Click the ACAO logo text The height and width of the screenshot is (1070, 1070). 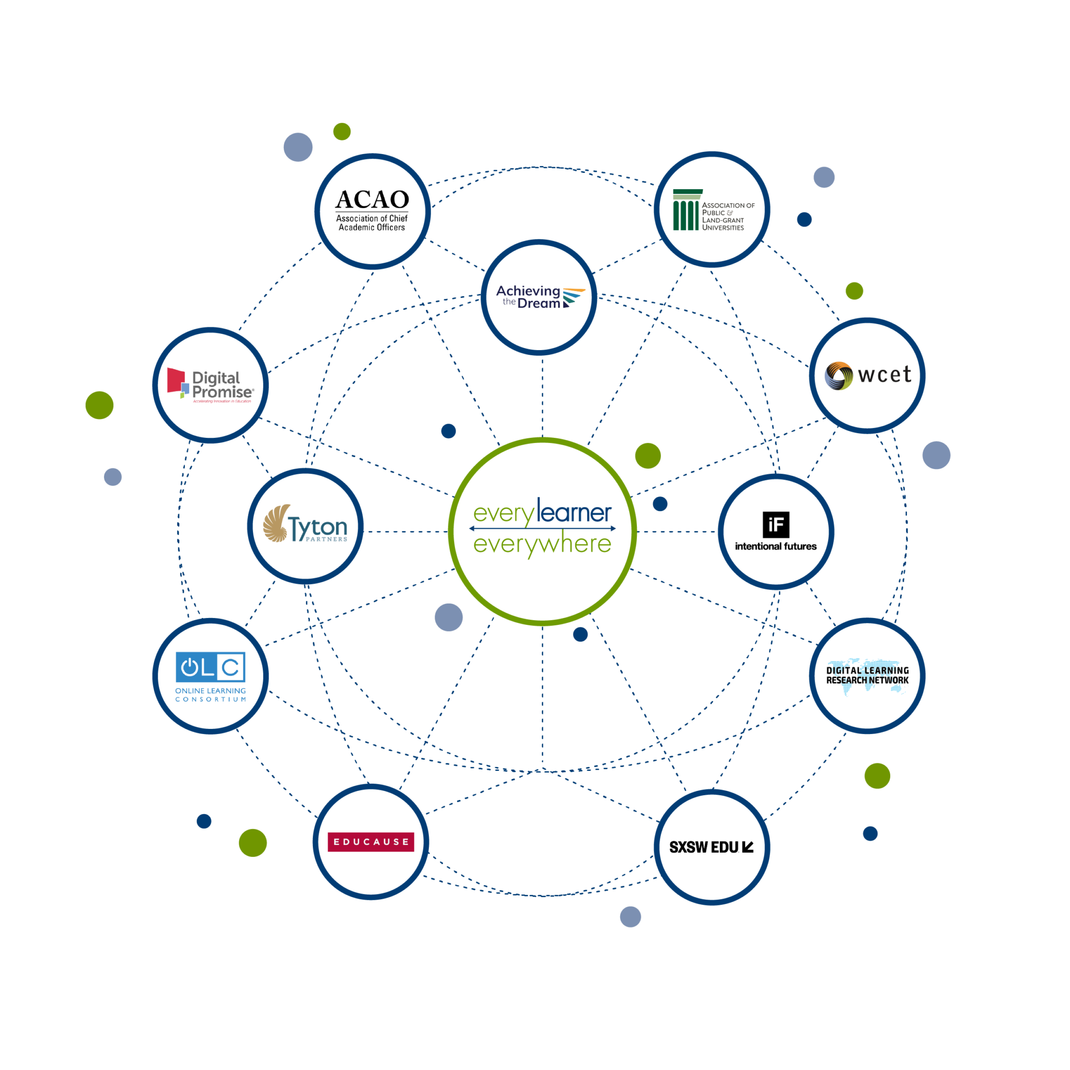(371, 200)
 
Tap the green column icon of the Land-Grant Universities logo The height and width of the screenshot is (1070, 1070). (685, 211)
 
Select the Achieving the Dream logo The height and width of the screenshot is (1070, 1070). (538, 297)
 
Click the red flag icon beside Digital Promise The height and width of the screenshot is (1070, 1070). (176, 380)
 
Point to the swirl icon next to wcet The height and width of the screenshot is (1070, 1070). (839, 376)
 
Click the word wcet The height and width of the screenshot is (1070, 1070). (884, 375)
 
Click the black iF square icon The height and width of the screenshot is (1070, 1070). (775, 525)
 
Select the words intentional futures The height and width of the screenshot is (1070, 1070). (775, 546)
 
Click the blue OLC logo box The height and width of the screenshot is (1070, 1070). (211, 667)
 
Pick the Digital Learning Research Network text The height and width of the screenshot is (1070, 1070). (867, 675)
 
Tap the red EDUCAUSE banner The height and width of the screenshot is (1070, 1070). (370, 842)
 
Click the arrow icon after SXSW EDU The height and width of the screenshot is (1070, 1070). (748, 847)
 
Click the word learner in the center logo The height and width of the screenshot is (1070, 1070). (574, 513)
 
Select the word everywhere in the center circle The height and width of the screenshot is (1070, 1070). (542, 544)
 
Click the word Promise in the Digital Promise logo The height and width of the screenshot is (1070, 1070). (222, 391)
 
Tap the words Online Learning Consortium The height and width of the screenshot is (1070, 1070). (211, 695)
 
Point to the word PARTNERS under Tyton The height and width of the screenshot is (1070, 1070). (326, 539)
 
